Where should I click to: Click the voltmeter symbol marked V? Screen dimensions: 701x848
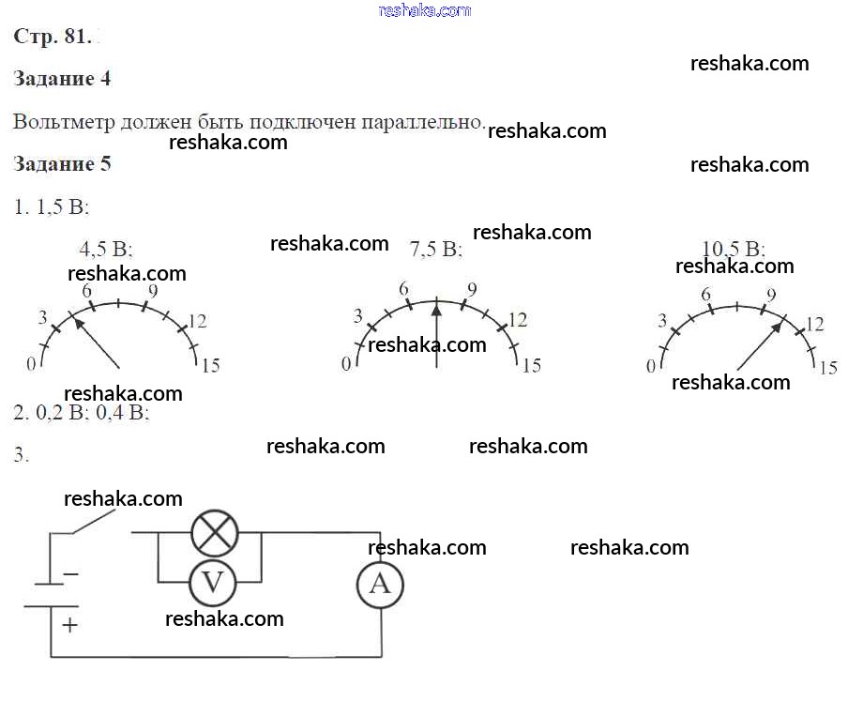point(213,583)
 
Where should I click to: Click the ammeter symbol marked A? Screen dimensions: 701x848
point(380,584)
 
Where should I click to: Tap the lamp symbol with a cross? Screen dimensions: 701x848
point(215,534)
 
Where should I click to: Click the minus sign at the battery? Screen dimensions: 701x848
point(70,573)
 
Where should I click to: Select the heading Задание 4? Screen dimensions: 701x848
point(62,79)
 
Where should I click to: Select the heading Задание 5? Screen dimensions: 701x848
point(62,164)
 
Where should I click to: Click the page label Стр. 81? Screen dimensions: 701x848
point(53,37)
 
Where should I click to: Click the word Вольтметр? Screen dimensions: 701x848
point(66,122)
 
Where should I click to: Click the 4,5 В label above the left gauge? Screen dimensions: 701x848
point(106,250)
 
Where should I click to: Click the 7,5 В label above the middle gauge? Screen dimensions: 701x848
point(436,250)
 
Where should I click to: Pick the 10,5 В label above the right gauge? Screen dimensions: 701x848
point(734,249)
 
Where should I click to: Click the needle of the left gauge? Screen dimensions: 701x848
point(96,343)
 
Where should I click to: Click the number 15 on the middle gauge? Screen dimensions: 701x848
point(531,365)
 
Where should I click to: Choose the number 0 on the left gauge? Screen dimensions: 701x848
point(31,363)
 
